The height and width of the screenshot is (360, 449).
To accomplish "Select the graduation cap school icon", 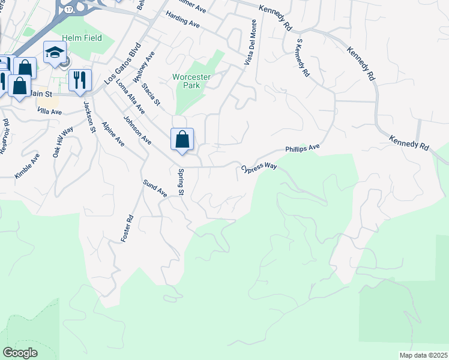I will (x=55, y=52).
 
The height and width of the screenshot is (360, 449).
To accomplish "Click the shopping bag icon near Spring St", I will (x=182, y=140).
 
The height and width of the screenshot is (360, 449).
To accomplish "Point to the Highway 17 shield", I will (x=70, y=10).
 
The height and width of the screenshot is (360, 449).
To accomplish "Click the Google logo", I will (x=20, y=352).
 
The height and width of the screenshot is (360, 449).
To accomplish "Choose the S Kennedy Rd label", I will (x=302, y=58).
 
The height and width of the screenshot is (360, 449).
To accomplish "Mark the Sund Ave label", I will (x=154, y=189).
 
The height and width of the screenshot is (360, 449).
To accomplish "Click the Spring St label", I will (x=179, y=182).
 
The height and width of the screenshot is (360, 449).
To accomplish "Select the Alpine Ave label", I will (x=113, y=134).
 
